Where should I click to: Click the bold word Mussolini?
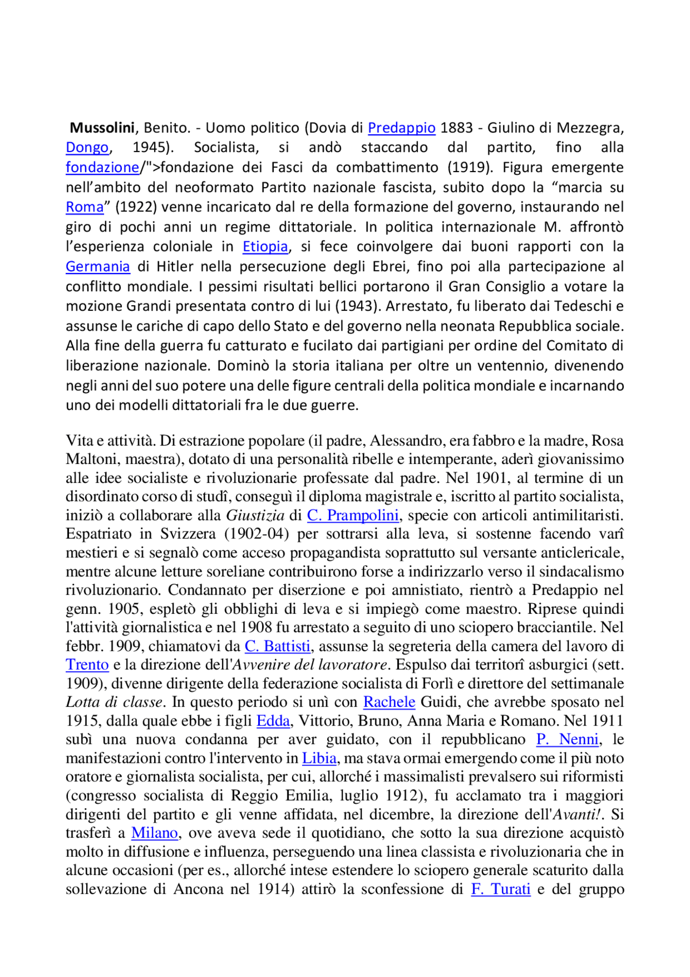click(x=102, y=128)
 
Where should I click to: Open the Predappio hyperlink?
click(x=401, y=128)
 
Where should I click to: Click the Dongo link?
click(x=87, y=147)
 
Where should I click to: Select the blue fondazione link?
click(x=102, y=167)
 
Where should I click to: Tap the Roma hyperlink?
click(x=84, y=207)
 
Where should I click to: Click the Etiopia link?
click(x=265, y=247)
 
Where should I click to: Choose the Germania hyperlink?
click(x=98, y=267)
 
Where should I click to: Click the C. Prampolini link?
click(x=353, y=515)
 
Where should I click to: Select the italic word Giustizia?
click(x=255, y=515)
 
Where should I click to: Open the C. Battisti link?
click(x=278, y=646)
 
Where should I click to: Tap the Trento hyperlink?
click(x=87, y=665)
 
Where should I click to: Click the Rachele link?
click(x=389, y=702)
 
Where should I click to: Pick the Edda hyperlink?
click(x=273, y=721)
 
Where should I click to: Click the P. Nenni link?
click(x=567, y=740)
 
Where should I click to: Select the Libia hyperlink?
click(x=319, y=758)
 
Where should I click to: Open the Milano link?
click(x=154, y=833)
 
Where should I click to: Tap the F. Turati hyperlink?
click(x=500, y=889)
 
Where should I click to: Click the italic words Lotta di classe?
click(x=114, y=702)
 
